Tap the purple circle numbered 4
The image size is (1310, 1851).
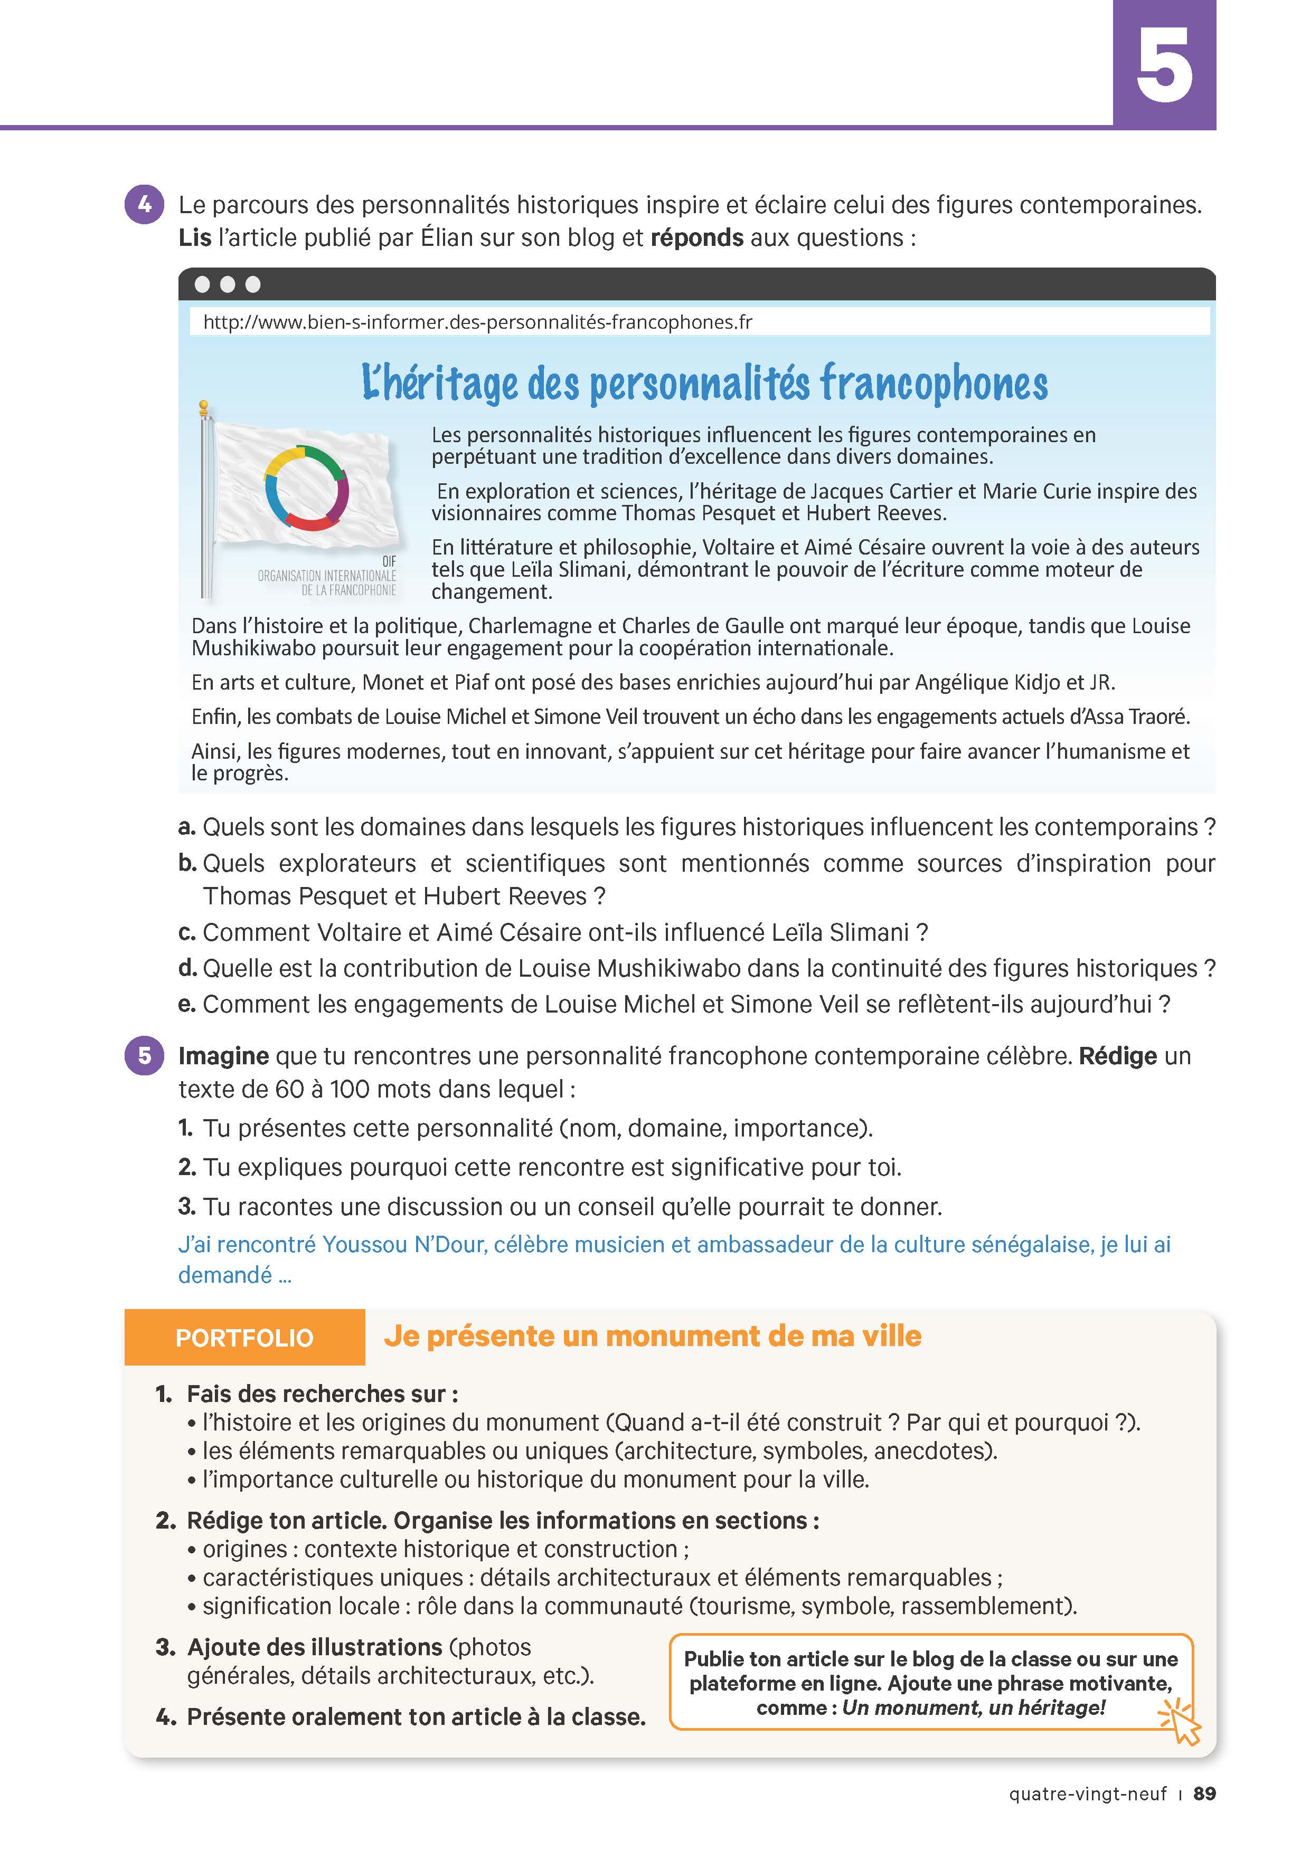(x=144, y=205)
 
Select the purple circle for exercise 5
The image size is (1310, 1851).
(x=144, y=1056)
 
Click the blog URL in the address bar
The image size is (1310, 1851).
(x=477, y=322)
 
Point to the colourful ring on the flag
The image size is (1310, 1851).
(x=307, y=488)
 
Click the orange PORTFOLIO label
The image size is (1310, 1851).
(x=244, y=1338)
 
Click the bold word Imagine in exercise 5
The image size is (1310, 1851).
(x=223, y=1056)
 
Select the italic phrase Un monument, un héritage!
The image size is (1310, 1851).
(x=973, y=1707)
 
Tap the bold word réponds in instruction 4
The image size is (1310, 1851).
(x=697, y=238)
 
